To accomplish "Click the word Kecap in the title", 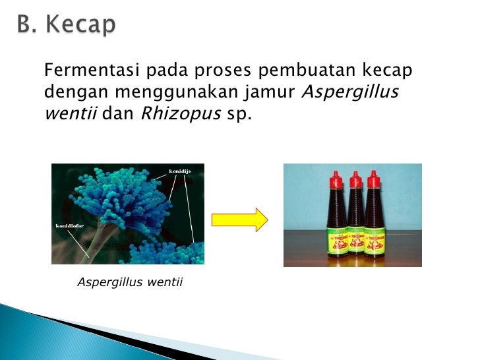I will [82, 25].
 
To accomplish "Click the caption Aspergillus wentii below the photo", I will [130, 283].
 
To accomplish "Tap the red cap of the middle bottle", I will [356, 179].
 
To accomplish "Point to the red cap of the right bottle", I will [374, 179].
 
